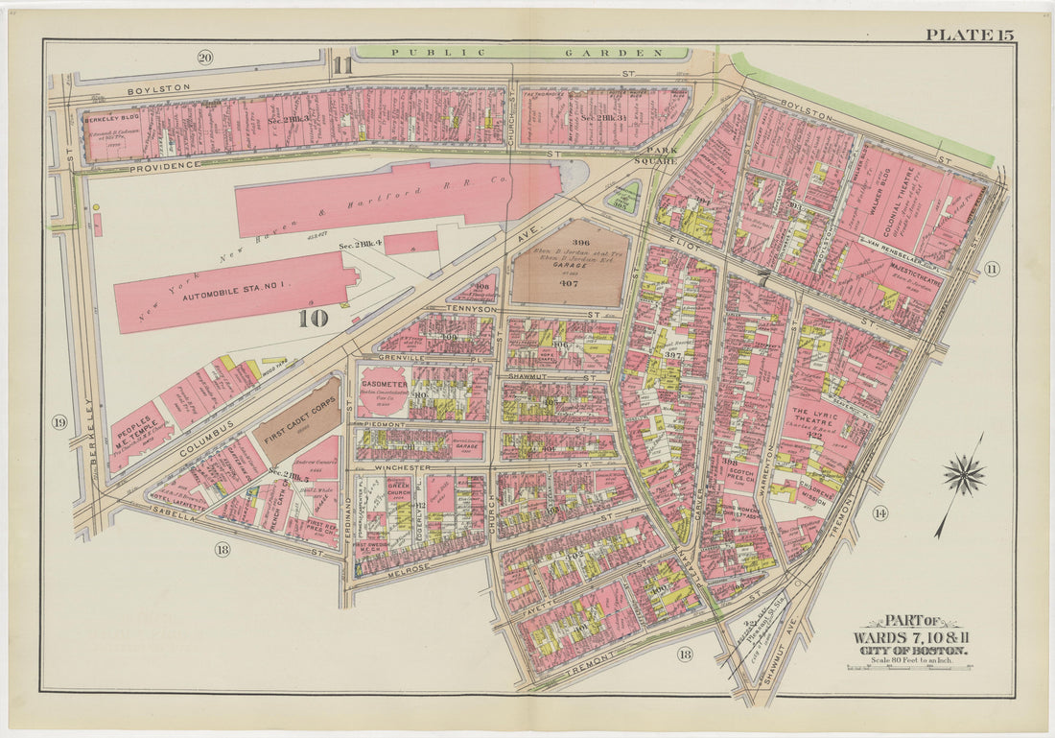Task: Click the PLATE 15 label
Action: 969,36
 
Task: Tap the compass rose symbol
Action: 963,474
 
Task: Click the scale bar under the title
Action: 908,667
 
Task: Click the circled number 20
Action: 204,58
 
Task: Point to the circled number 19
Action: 59,422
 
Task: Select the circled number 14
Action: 879,513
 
